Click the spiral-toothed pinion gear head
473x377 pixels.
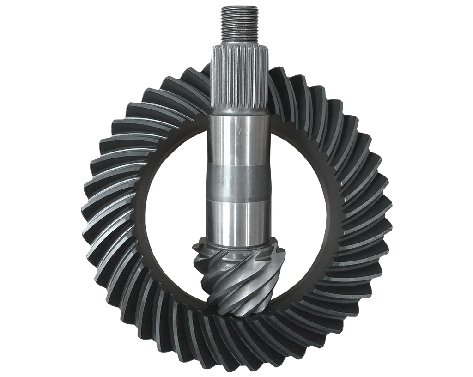[238, 277]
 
